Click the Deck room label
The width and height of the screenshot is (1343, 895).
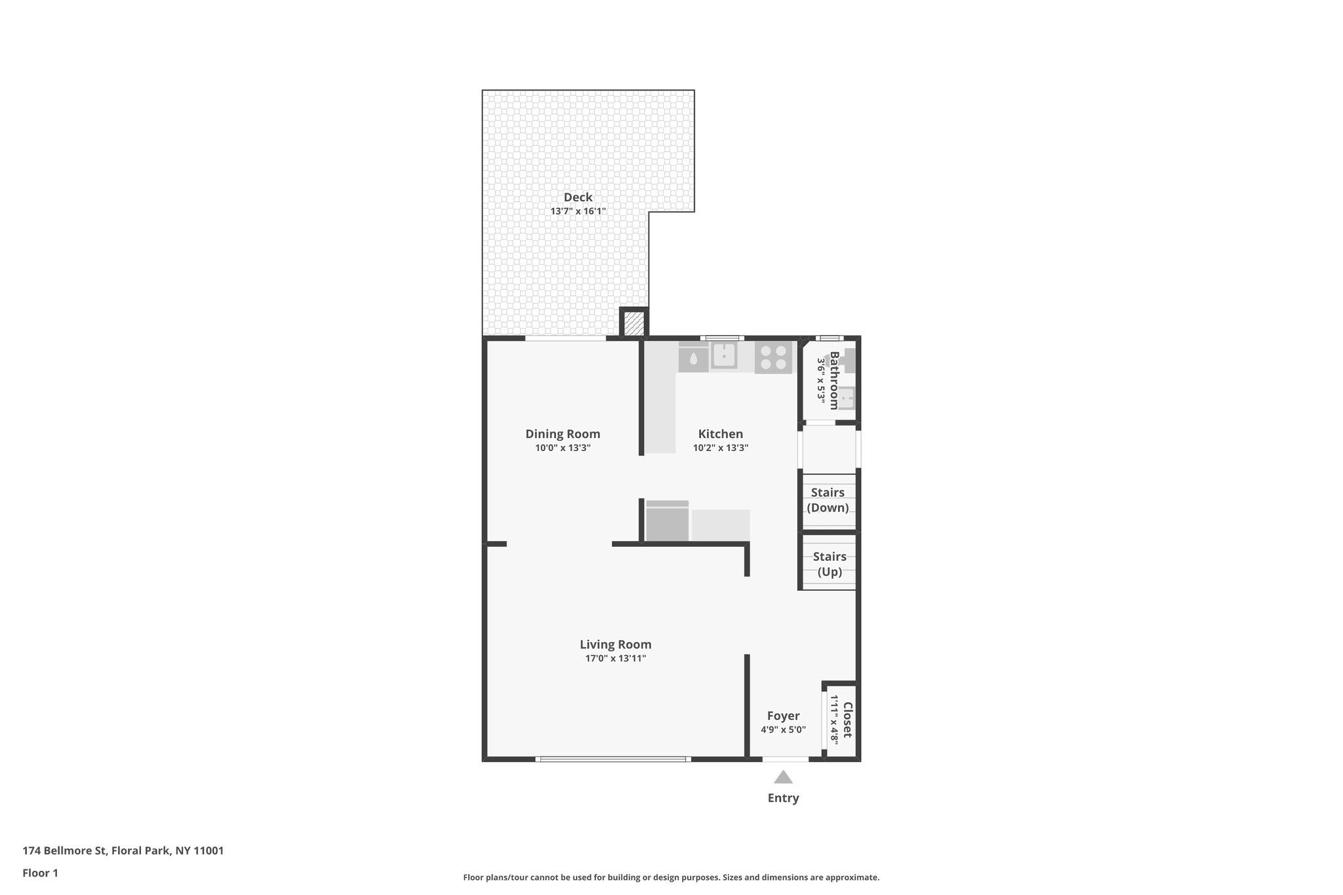(578, 197)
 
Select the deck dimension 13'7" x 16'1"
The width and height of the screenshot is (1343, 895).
(578, 211)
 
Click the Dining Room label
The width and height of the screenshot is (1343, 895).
(563, 433)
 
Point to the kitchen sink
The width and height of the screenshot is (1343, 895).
(723, 355)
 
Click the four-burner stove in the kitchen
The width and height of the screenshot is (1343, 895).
(773, 358)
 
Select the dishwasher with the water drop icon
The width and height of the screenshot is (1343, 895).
(693, 358)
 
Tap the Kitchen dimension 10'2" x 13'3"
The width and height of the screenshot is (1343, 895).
(720, 448)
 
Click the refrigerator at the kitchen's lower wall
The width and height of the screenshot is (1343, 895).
(667, 523)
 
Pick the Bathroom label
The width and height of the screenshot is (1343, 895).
(834, 380)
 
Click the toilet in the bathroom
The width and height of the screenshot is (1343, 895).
(849, 360)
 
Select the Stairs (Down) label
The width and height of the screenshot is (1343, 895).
(828, 500)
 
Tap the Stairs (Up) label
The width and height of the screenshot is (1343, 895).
(830, 564)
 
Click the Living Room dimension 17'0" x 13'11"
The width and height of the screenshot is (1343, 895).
(615, 658)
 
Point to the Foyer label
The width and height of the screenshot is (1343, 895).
(783, 716)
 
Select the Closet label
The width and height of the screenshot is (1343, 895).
(847, 719)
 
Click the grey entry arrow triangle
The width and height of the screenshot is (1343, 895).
(783, 778)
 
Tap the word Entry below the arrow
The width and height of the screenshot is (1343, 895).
(783, 798)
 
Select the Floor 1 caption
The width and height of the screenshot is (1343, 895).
(40, 873)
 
